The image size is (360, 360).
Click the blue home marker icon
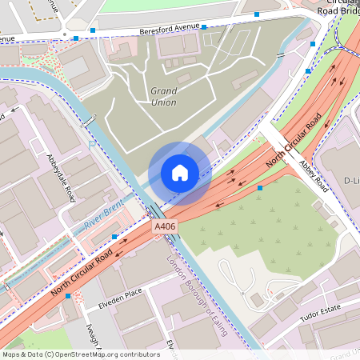pyautogui.click(x=180, y=173)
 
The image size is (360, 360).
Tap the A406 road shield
pyautogui.click(x=165, y=227)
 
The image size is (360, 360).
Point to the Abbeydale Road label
pyautogui.click(x=60, y=178)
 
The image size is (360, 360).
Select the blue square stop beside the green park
pyautogui.click(x=260, y=188)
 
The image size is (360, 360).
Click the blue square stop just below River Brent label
pyautogui.click(x=115, y=237)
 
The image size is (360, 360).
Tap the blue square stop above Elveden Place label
pyautogui.click(x=68, y=296)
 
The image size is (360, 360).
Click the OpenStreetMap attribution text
pyautogui.click(x=80, y=354)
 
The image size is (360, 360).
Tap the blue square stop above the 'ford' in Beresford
pyautogui.click(x=204, y=26)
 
